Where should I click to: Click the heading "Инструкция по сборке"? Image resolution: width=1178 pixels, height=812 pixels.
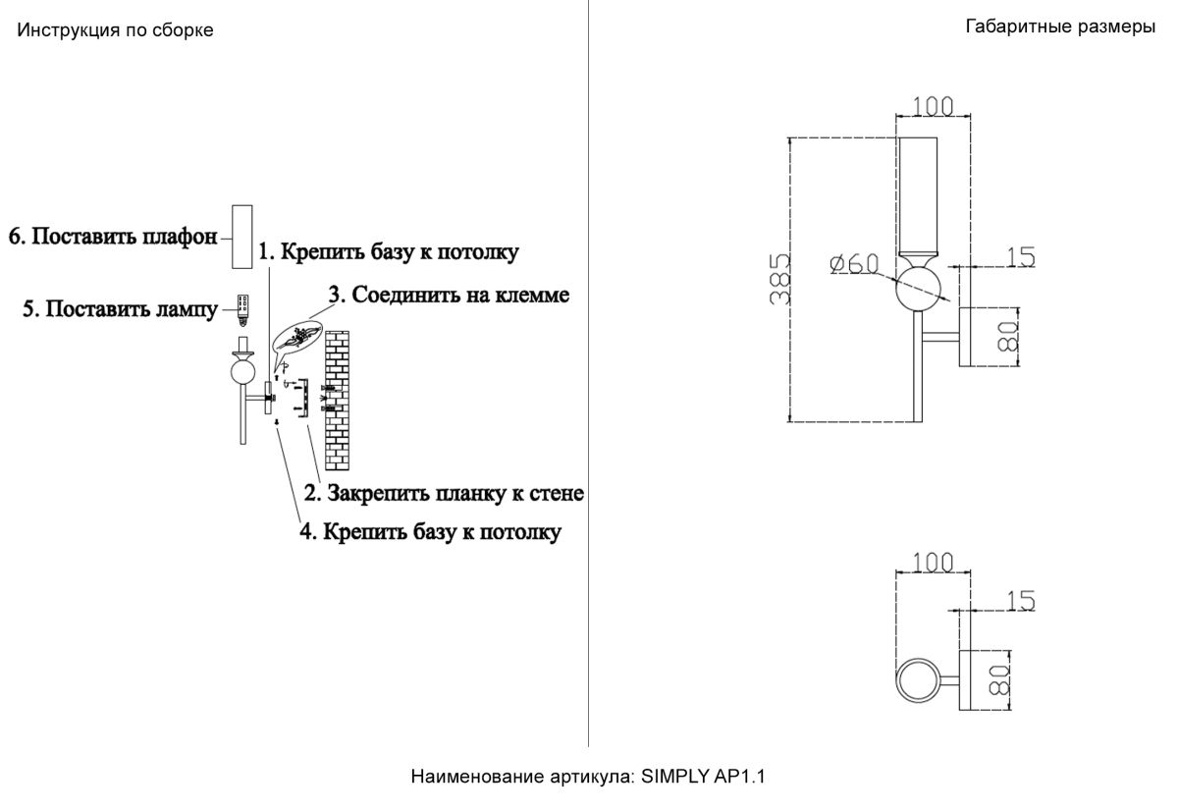115,30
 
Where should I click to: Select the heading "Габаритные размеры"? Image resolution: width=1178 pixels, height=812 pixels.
1060,27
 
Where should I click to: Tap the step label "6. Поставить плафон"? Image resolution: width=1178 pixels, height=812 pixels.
113,237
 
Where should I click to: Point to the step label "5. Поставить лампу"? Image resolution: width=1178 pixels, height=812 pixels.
120,309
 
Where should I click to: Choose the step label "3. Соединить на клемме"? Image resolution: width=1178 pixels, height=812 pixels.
449,294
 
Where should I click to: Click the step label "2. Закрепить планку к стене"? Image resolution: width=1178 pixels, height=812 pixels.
444,492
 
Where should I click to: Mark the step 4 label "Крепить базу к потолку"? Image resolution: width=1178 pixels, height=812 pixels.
430,532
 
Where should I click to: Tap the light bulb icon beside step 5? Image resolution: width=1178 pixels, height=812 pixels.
241,307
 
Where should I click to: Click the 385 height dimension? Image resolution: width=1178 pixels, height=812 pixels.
777,280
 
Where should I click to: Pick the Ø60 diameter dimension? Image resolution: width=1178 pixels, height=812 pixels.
852,263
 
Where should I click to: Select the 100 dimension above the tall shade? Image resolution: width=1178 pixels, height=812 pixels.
934,105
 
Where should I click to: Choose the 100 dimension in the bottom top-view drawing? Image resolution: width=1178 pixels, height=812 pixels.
933,563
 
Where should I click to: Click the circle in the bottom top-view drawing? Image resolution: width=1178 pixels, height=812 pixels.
920,680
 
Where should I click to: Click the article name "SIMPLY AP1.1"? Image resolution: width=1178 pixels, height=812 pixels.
703,777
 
